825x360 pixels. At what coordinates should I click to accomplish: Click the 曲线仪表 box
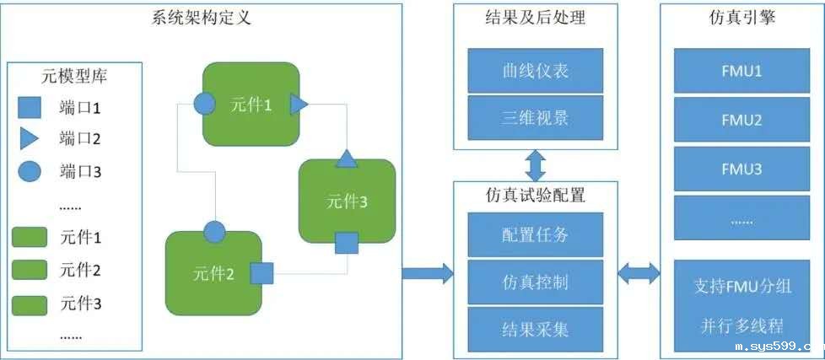535,71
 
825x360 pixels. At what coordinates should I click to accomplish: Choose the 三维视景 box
535,116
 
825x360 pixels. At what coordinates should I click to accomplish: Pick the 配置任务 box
535,234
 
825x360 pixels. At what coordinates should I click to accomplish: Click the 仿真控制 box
535,281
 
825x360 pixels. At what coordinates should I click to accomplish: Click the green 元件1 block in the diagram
251,104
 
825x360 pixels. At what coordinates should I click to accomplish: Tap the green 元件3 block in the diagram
347,201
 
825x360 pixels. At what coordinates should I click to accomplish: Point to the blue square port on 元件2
262,274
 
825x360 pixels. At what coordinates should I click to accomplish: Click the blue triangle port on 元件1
299,105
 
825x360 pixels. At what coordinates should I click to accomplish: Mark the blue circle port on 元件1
203,104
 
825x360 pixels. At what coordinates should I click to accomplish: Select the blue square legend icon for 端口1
30,107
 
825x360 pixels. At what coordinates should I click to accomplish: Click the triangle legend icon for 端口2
30,138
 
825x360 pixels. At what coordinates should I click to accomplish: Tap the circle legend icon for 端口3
30,172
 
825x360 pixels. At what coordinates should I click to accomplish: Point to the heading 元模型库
74,77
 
